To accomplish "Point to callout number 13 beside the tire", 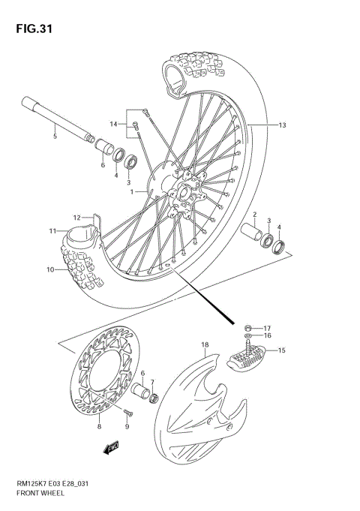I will [282, 125].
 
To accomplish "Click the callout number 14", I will [114, 124].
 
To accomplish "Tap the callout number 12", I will [76, 218].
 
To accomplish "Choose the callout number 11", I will [53, 230].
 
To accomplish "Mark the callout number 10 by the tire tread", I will [49, 269].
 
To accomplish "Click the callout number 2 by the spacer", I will [254, 214].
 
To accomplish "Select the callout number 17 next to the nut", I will [267, 327].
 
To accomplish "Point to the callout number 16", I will [267, 337].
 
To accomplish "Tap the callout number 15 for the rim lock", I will [282, 350].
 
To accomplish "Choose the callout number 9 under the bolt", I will [127, 427].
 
